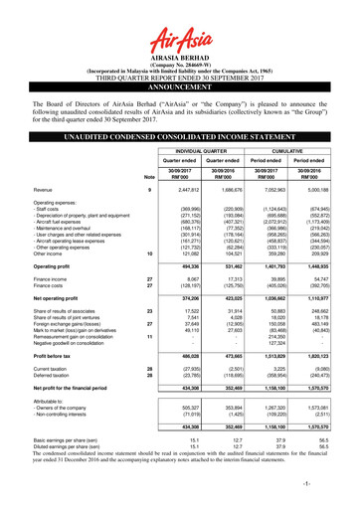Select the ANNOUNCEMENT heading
point(180,85)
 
